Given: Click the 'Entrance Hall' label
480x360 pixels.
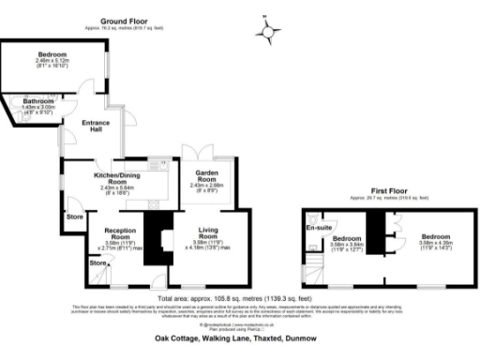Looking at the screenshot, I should tap(97, 126).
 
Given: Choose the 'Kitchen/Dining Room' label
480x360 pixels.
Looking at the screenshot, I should tap(118, 176).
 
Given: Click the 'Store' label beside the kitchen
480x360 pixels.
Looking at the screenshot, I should tap(75, 217).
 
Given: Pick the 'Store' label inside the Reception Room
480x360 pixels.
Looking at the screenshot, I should tap(97, 263).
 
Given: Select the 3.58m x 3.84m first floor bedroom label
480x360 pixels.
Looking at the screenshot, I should tap(350, 241).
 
